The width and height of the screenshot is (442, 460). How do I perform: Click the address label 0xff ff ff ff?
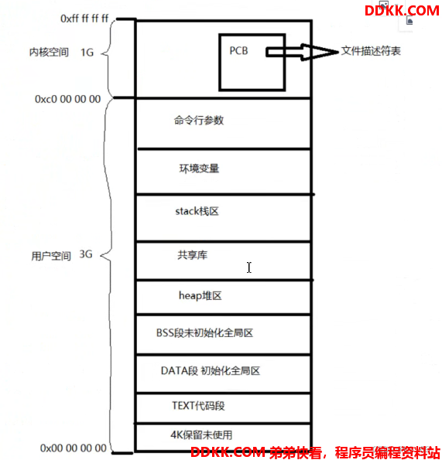coord(84,19)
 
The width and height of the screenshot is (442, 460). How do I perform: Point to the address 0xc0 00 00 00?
coord(68,99)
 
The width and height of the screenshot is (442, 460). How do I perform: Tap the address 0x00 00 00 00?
coord(73,448)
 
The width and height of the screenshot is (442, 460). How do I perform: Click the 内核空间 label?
coord(49,53)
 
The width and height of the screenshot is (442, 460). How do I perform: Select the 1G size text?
coord(87,53)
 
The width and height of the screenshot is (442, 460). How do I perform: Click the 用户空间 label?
coord(51,256)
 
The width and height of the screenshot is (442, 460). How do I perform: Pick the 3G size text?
coord(86,254)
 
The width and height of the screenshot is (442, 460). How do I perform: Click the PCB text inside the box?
coord(238,51)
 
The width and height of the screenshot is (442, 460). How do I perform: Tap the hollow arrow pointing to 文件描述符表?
coord(302,53)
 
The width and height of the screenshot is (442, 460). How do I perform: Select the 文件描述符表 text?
coord(371,51)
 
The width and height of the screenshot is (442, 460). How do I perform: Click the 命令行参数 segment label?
coord(199,121)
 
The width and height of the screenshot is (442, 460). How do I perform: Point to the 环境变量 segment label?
coord(199,169)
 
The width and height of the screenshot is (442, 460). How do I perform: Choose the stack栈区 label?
coord(197,211)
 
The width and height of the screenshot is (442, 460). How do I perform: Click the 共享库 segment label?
coord(193,255)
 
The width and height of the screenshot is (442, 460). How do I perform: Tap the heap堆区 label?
coord(200,295)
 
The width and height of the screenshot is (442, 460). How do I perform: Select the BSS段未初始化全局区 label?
coord(204,333)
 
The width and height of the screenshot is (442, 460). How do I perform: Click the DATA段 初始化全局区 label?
coord(211,371)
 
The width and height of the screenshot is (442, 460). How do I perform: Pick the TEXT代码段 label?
coord(198,406)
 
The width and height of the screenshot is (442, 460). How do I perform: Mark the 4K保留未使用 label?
coord(201,434)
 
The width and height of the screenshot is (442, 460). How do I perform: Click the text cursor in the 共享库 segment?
coord(249,267)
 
